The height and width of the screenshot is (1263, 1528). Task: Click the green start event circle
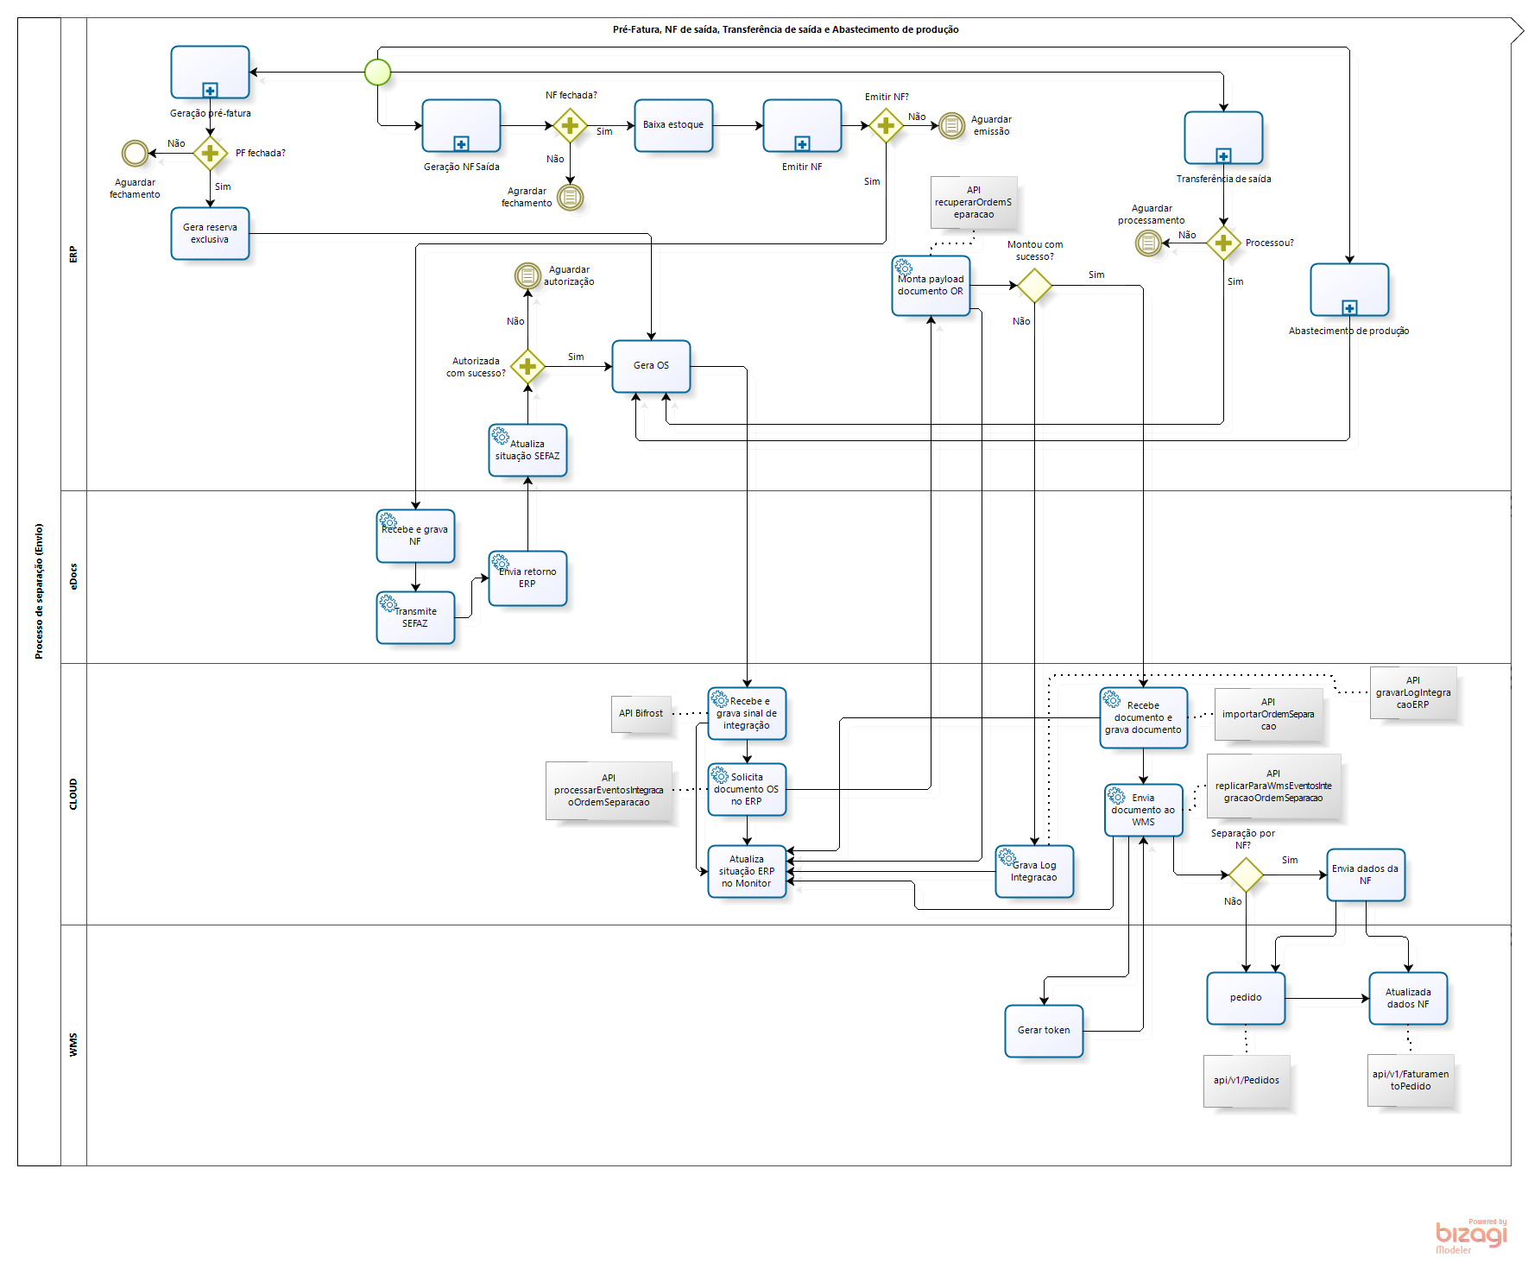[377, 73]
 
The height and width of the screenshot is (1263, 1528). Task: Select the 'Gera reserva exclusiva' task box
[210, 234]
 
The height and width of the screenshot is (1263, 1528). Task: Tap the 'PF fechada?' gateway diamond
[210, 154]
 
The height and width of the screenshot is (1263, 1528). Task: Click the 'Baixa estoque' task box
[673, 126]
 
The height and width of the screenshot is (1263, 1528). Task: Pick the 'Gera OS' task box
[651, 366]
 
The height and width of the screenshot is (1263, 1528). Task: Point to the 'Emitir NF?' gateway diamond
[886, 126]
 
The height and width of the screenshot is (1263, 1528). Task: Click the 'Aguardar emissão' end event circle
[951, 126]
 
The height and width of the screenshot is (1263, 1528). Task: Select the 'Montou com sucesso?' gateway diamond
[1034, 286]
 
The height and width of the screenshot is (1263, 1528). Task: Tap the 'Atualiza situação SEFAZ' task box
[527, 451]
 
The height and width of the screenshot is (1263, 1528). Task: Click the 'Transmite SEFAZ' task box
[415, 617]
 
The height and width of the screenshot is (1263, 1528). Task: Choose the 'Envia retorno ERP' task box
[527, 578]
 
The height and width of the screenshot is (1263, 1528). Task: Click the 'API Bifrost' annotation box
[641, 714]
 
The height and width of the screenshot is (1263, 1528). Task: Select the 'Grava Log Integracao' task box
[1034, 872]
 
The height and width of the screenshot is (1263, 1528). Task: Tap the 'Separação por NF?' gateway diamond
[1246, 875]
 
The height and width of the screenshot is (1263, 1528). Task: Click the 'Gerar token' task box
[1044, 1031]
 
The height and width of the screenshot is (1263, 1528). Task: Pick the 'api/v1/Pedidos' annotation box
[1247, 1081]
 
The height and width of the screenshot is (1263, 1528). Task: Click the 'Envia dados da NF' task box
[1366, 875]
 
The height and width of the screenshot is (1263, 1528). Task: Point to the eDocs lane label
[73, 577]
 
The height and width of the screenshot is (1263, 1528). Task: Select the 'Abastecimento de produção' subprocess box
[1349, 290]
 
